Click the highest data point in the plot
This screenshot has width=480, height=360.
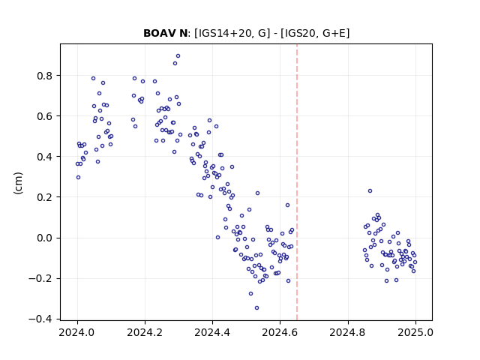(x=178, y=56)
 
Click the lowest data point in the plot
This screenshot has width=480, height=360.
(x=256, y=308)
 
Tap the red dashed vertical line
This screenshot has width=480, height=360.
(x=297, y=182)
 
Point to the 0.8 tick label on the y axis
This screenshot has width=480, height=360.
(x=44, y=76)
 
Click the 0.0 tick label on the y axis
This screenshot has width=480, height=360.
(x=44, y=238)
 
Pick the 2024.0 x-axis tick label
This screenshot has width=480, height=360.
(x=77, y=332)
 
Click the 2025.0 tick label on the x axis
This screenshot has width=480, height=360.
(x=415, y=332)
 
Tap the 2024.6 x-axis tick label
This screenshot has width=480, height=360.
(x=280, y=332)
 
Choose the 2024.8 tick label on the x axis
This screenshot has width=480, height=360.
(x=348, y=332)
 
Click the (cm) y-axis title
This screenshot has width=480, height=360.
(x=18, y=183)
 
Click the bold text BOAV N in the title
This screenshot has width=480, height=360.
(x=165, y=33)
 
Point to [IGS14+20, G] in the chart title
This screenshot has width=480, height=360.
(x=232, y=33)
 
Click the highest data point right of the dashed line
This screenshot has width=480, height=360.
(x=370, y=191)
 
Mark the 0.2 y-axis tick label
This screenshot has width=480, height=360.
(x=44, y=197)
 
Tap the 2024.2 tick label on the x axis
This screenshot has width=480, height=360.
(x=145, y=332)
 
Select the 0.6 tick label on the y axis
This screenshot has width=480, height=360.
(x=44, y=116)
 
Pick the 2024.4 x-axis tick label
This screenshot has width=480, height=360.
(x=212, y=332)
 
